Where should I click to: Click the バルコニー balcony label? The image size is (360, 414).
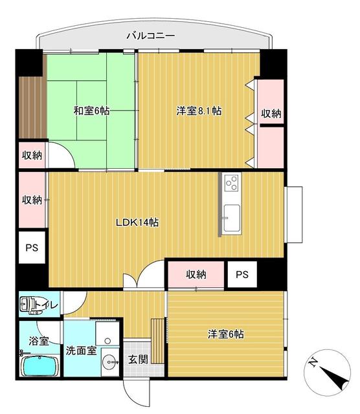(x=150, y=36)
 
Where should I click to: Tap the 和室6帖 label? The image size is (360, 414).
(x=91, y=111)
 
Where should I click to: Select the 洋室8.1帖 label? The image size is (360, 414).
(x=199, y=111)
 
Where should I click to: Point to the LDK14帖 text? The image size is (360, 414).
(x=137, y=223)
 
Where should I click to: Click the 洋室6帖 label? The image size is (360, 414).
(x=225, y=334)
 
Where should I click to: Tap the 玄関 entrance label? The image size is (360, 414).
(x=136, y=360)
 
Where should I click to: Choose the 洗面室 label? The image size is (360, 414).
(x=81, y=351)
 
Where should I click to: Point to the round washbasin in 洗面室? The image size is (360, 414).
(x=107, y=362)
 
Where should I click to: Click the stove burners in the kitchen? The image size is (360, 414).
(x=231, y=186)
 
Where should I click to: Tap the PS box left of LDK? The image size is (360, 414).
(x=31, y=248)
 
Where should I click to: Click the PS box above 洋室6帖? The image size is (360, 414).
(x=242, y=274)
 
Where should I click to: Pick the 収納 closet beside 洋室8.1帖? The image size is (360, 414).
(x=271, y=113)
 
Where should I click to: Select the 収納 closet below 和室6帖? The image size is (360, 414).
(x=31, y=155)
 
